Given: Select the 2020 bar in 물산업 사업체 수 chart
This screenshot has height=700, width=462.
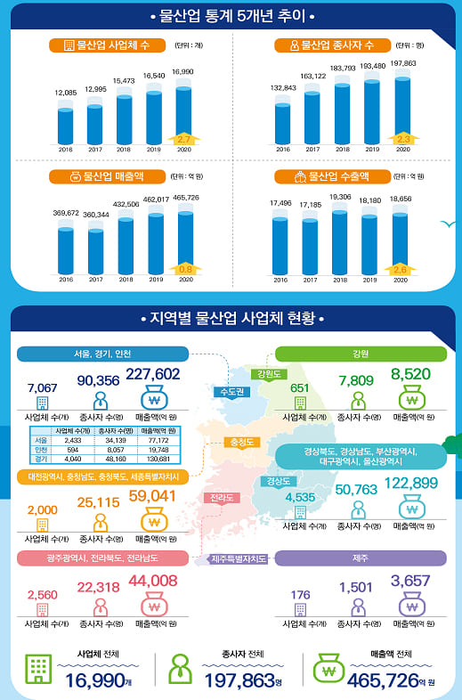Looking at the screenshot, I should coord(183,114).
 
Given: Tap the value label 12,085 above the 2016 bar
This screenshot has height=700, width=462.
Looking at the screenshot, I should coord(67,94).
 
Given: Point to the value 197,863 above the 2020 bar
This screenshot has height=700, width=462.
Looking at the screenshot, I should coord(402,64).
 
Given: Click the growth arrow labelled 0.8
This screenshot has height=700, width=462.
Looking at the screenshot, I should coord(185,268).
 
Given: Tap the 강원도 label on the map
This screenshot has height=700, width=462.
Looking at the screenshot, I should coord(268,374).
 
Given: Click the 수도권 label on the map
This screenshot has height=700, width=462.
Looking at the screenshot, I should coord(231,392).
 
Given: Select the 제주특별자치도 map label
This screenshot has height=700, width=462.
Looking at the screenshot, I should coord(239,559).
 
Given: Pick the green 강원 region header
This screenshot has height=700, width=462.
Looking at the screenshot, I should coord(361,354).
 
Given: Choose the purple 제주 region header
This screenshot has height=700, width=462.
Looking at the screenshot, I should coord(361,558).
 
